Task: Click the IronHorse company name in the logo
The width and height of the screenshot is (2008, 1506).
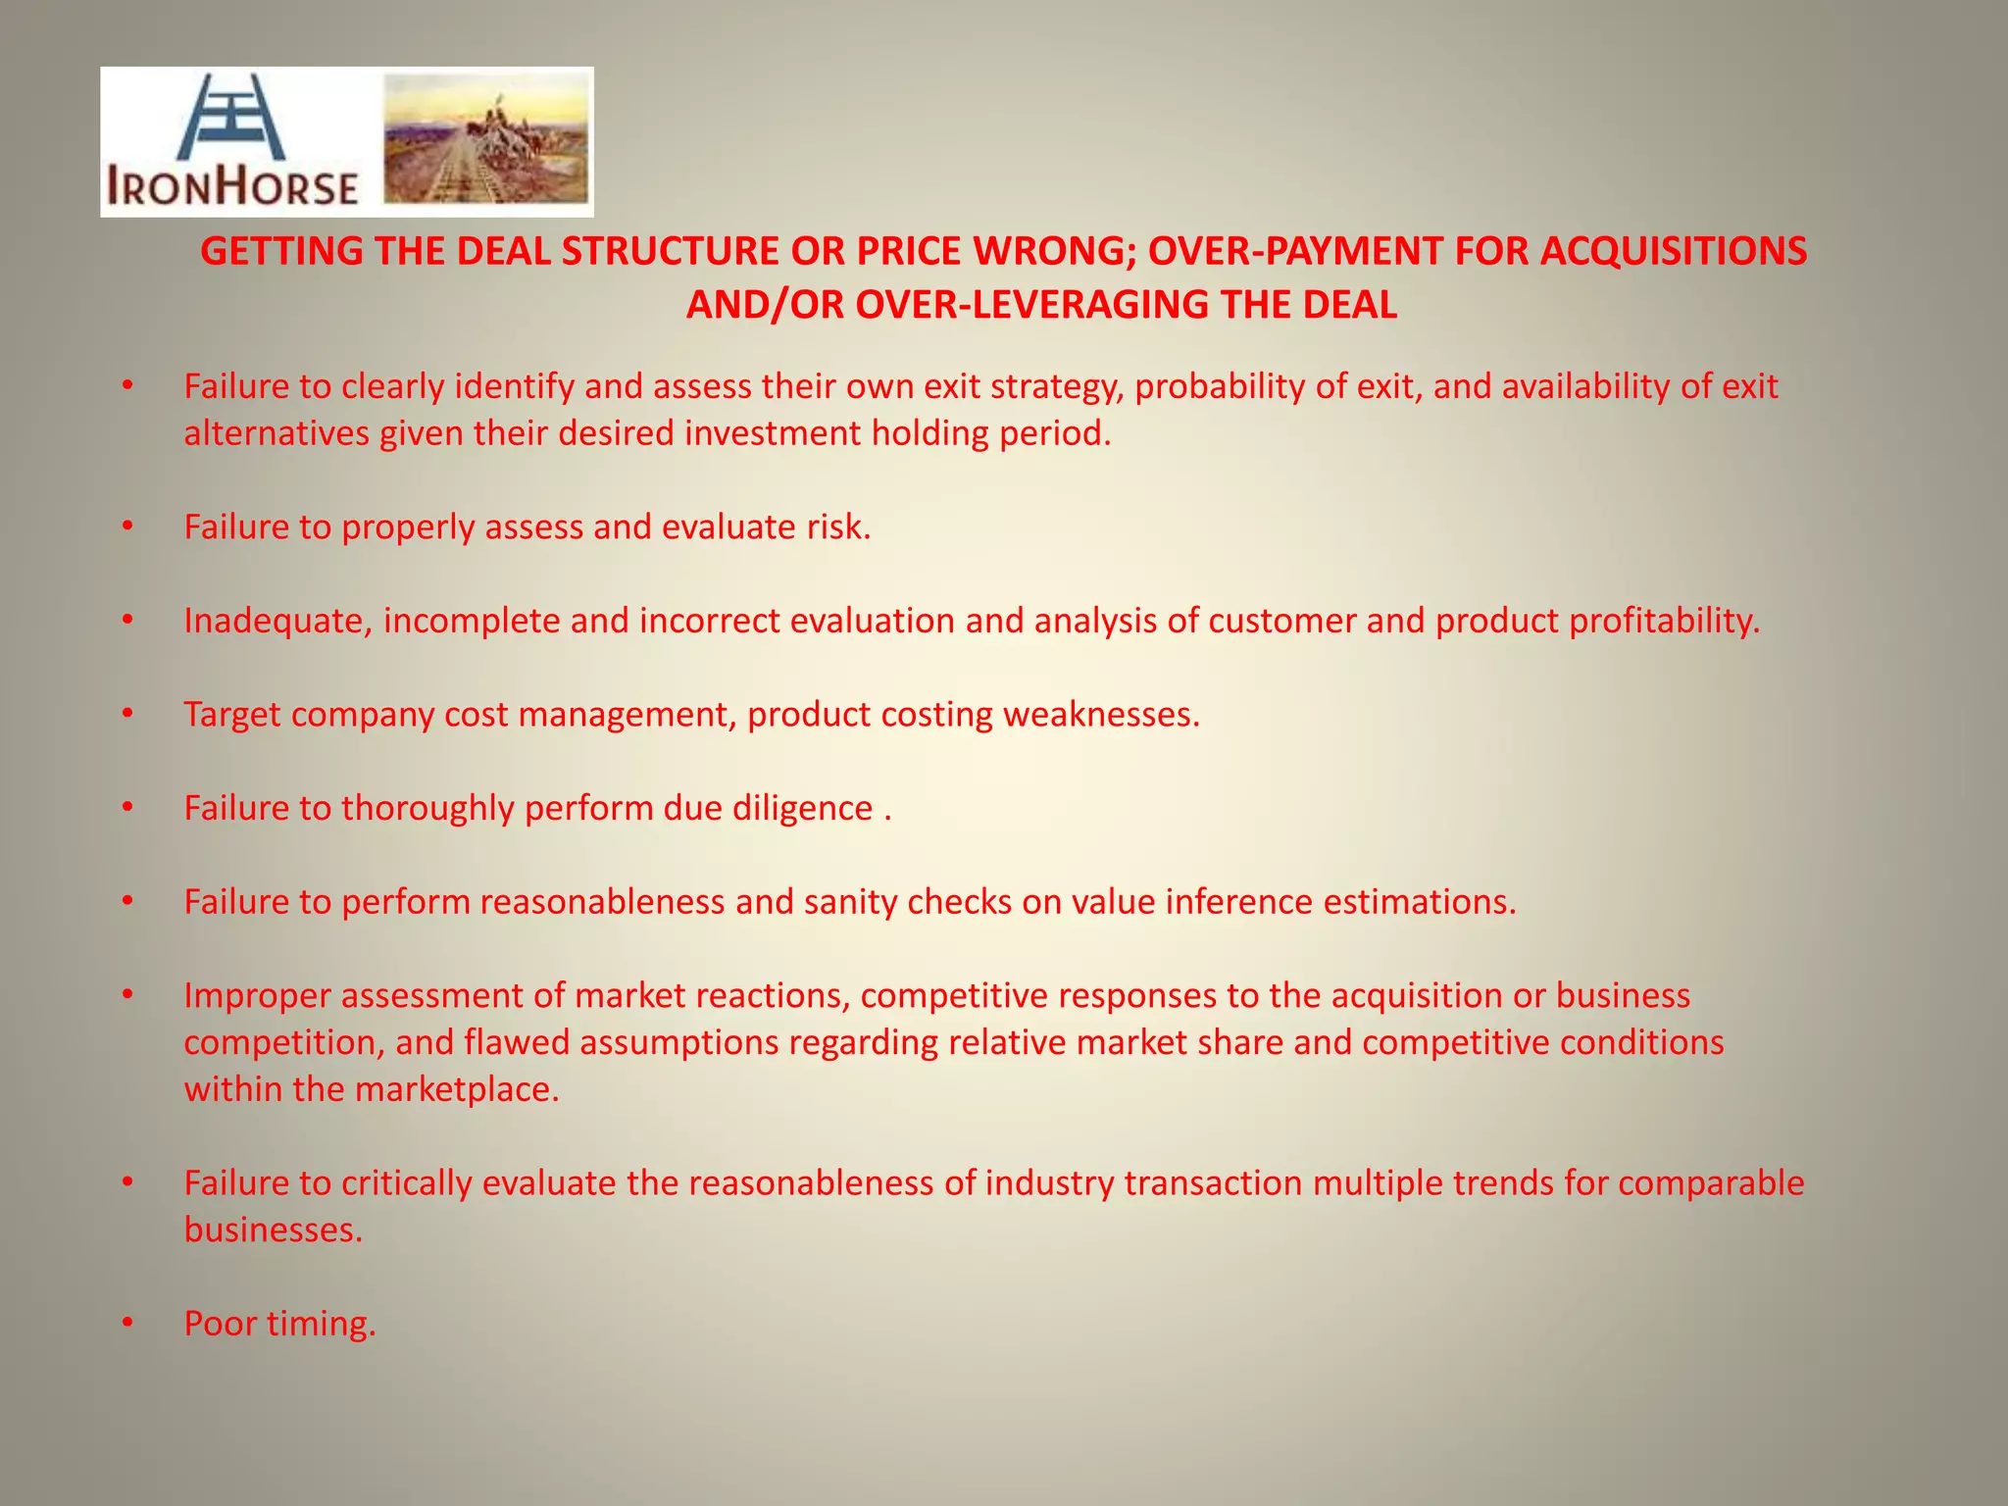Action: click(232, 186)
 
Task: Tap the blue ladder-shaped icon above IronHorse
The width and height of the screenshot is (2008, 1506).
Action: click(232, 118)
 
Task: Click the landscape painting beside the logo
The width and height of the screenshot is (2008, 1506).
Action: click(486, 140)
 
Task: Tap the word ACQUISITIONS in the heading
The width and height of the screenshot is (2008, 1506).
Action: click(1673, 252)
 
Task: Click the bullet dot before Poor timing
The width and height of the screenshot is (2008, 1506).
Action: click(126, 1324)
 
